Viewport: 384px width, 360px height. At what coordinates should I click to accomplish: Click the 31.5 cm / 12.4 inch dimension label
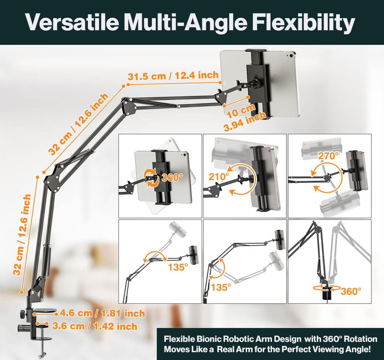tap(173, 75)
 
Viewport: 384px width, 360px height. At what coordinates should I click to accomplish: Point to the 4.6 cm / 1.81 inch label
tap(103, 314)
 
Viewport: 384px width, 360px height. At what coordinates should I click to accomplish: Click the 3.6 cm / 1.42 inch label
tap(94, 326)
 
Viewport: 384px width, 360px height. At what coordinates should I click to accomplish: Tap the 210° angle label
tap(219, 176)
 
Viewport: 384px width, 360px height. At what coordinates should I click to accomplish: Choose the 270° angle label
tap(328, 155)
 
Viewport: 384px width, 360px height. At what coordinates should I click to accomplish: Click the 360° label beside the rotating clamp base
tap(351, 291)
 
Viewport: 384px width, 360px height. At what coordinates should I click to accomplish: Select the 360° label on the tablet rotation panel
tap(172, 177)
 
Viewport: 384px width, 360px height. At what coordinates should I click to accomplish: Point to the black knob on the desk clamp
tap(22, 313)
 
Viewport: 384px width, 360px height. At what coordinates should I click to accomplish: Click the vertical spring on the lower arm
tap(48, 260)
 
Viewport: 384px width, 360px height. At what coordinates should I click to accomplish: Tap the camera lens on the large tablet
tap(291, 56)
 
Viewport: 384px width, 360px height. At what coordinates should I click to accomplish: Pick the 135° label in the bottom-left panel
tap(178, 267)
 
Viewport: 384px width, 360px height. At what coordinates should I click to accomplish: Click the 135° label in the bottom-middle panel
tap(221, 287)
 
